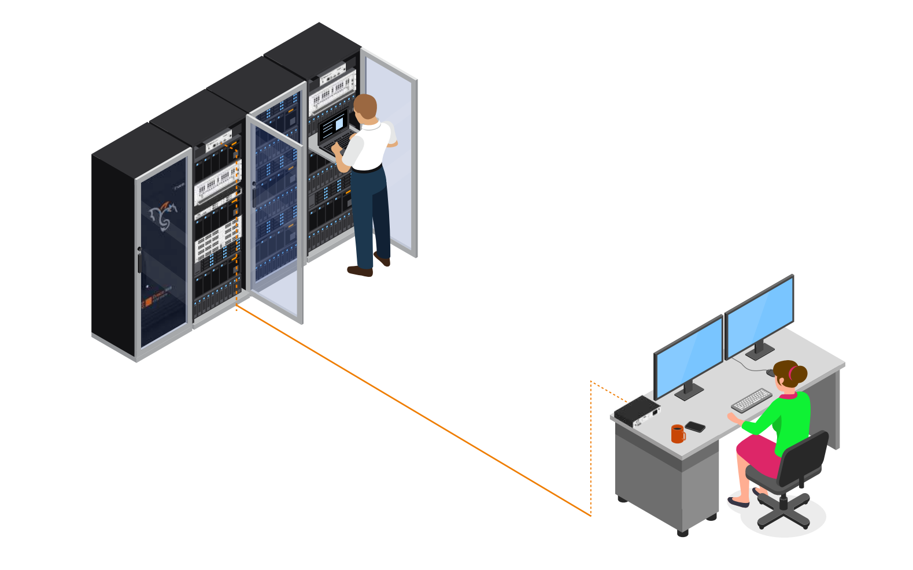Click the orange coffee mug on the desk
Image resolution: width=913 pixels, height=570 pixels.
click(x=678, y=434)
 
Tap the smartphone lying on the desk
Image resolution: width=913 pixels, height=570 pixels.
click(x=695, y=427)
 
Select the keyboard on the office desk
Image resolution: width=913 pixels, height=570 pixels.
click(x=751, y=399)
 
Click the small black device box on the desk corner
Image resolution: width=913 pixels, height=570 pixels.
click(x=637, y=411)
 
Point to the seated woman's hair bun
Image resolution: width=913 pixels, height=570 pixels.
click(x=799, y=375)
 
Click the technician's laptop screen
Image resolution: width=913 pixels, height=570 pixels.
click(x=334, y=126)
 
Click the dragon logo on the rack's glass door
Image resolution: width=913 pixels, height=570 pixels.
click(x=162, y=215)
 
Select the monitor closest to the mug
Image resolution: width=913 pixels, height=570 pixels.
click(x=689, y=355)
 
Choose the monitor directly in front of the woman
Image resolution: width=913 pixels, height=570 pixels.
click(x=759, y=315)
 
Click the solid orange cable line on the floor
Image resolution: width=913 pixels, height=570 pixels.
click(x=413, y=410)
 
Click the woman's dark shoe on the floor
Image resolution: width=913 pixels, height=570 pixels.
click(x=738, y=502)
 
